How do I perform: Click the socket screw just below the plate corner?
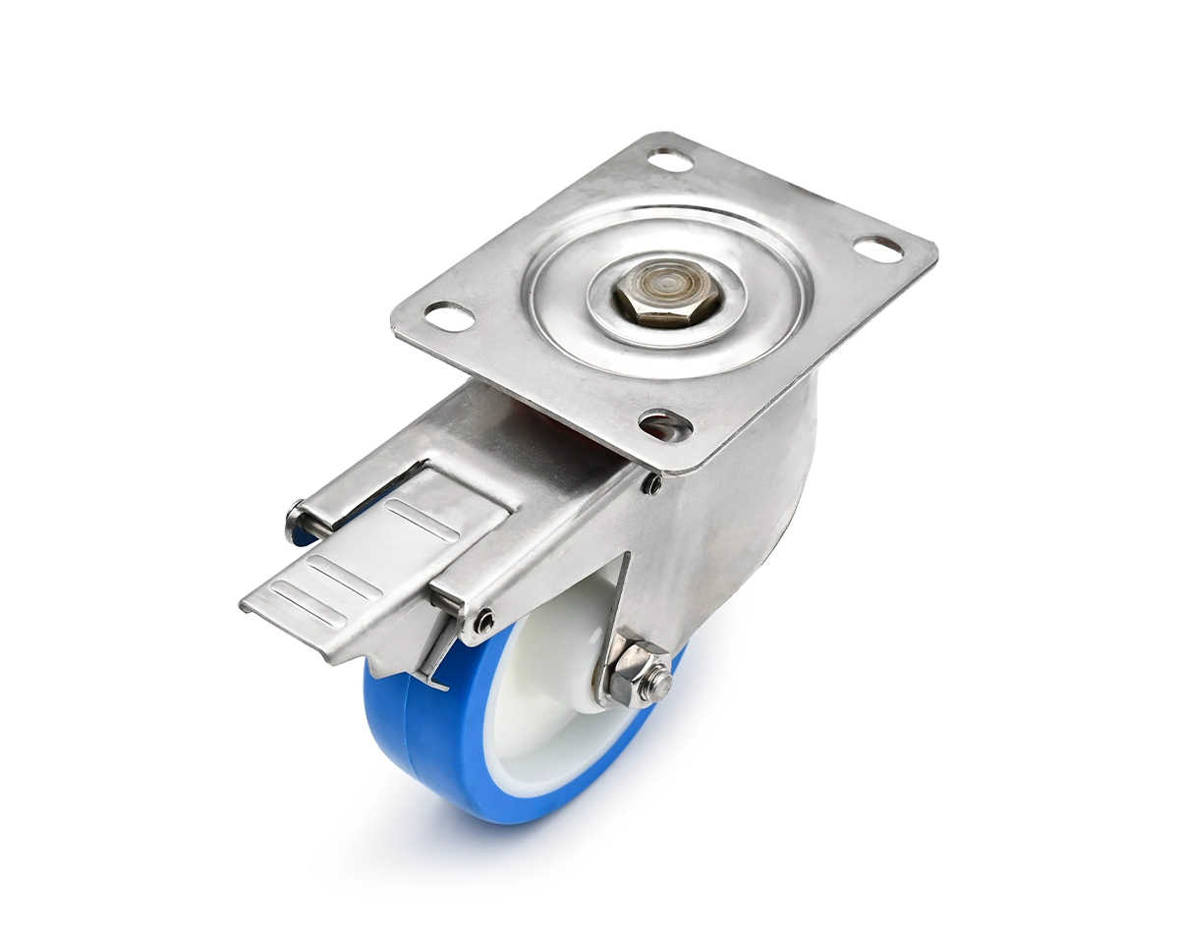(651, 483)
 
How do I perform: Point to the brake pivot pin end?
(295, 522)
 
